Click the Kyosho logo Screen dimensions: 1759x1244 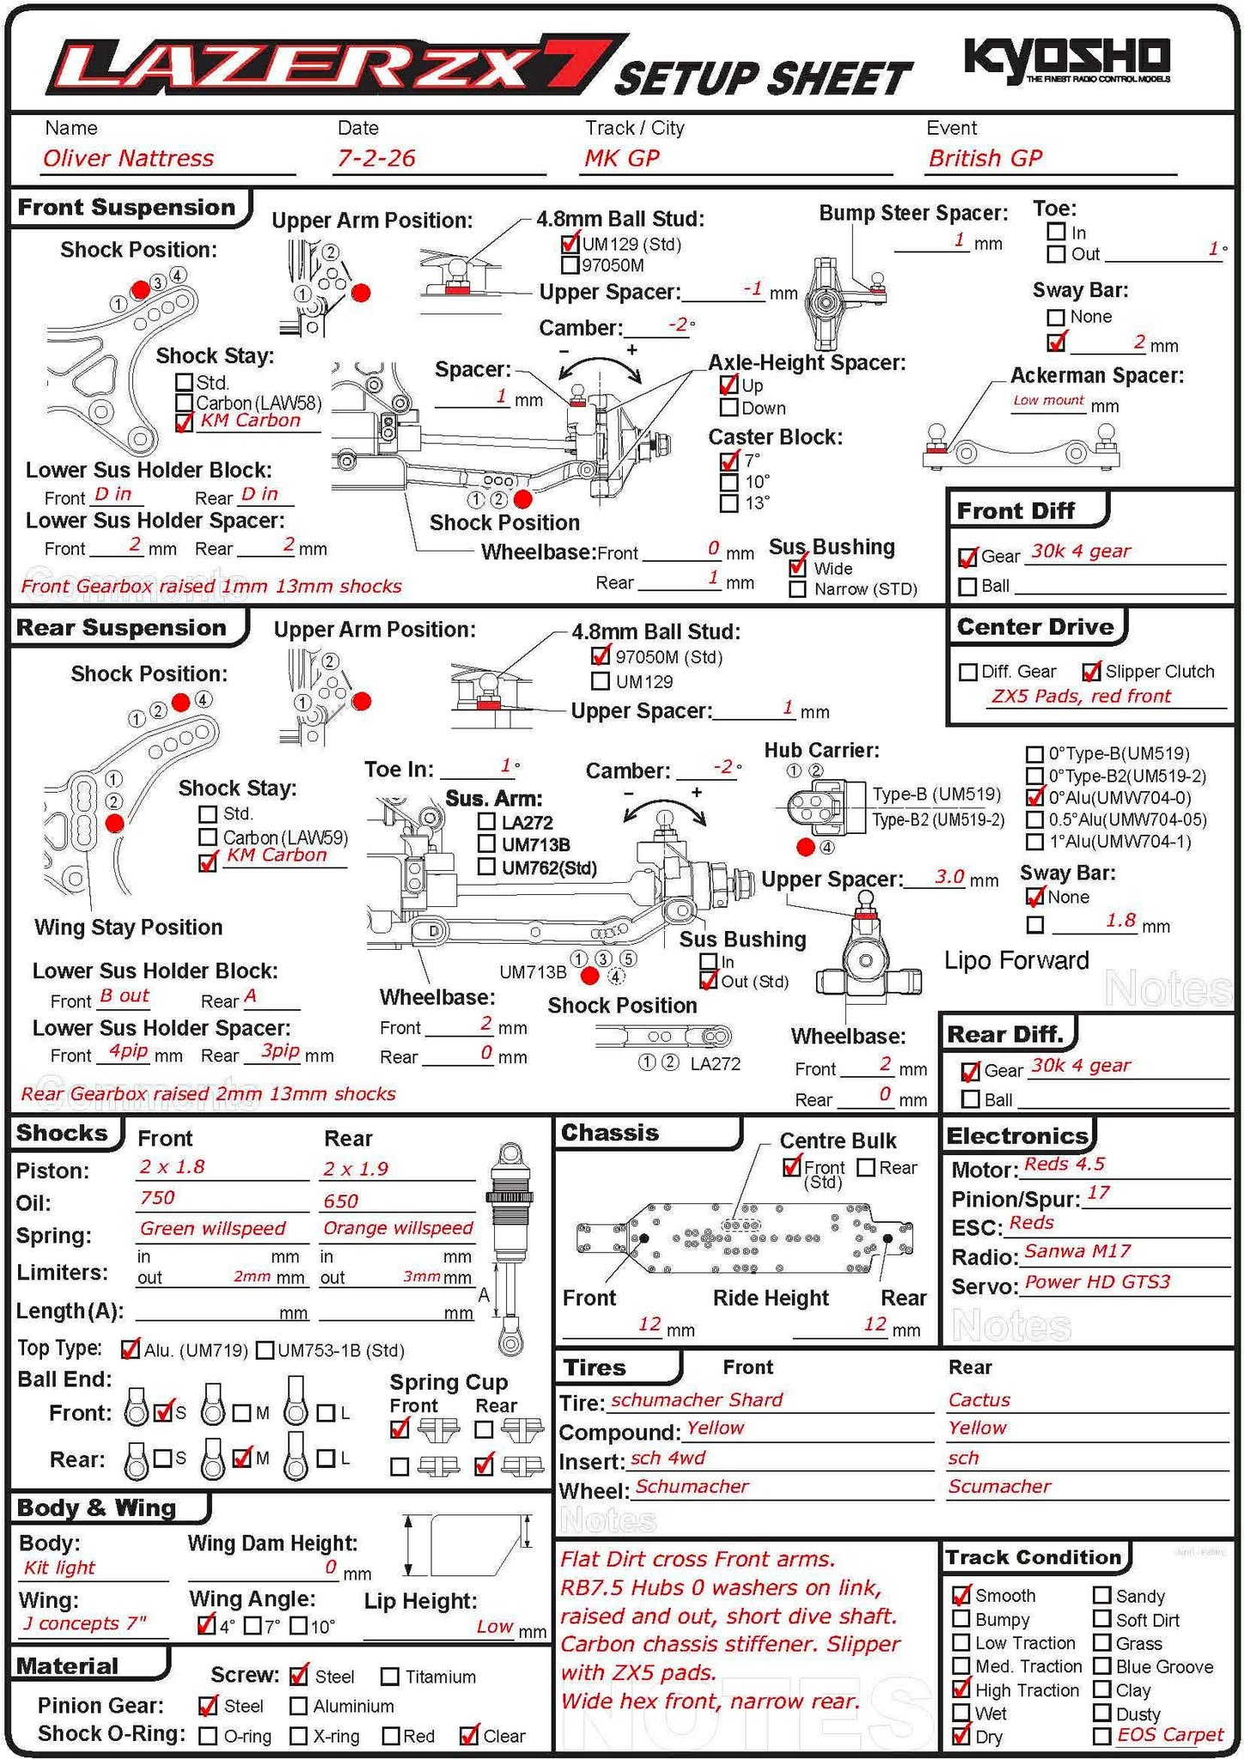[1066, 58]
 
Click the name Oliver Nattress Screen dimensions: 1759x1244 [128, 158]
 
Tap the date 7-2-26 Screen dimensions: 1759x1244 [376, 158]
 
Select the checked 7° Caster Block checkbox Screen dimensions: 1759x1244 [729, 460]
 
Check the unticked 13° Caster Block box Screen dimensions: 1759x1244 [729, 503]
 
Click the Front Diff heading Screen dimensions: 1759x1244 [1015, 511]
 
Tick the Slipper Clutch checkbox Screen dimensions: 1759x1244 [1091, 672]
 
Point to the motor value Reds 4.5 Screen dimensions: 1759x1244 [1064, 1165]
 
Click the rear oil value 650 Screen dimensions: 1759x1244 [341, 1201]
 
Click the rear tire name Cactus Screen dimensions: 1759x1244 [979, 1400]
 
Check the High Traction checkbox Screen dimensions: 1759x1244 [961, 1689]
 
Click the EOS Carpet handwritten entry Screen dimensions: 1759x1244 [1169, 1735]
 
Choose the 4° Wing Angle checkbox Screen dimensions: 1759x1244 [206, 1625]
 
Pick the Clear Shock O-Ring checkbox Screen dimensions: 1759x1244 [468, 1736]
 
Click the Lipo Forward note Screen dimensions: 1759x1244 [1016, 960]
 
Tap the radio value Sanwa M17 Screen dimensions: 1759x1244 [1077, 1251]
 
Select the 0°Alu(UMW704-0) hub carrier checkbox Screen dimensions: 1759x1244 [1035, 797]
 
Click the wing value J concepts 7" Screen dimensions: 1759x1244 [84, 1623]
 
